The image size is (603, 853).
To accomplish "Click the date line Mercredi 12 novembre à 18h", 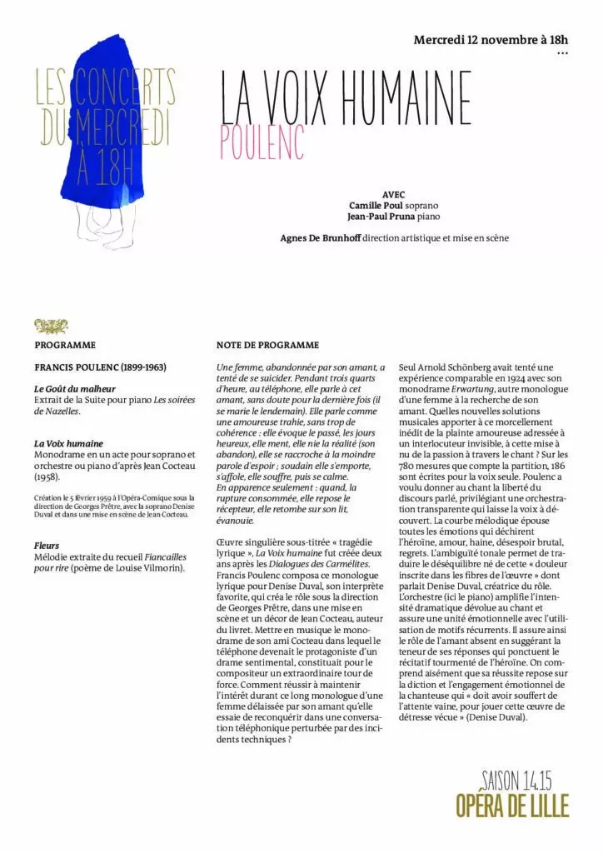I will click(x=491, y=39).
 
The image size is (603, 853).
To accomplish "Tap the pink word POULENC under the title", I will click(x=262, y=143).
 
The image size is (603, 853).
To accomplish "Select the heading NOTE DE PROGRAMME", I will click(x=267, y=345).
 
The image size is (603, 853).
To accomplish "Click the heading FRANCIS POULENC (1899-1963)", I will click(x=101, y=367).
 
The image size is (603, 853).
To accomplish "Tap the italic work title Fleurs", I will click(x=47, y=546).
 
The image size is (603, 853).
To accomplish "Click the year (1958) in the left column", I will click(x=47, y=477).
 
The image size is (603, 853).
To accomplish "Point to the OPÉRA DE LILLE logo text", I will click(x=512, y=806).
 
